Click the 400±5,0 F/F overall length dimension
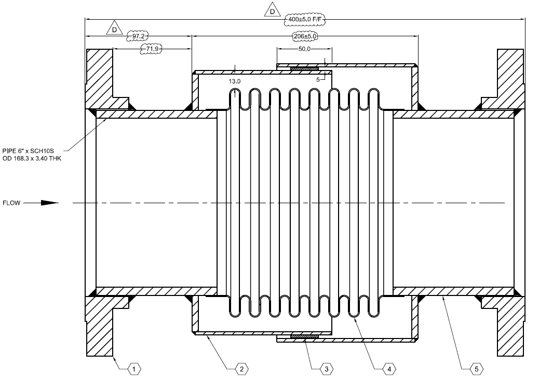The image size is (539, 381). pos(305,19)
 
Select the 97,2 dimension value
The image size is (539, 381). pos(138,36)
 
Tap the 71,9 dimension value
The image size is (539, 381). pos(152,49)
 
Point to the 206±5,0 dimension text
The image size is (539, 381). pos(305,36)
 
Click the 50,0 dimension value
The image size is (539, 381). pos(304,49)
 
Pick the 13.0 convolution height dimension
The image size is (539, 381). pos(235,81)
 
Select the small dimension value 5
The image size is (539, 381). pos(318,79)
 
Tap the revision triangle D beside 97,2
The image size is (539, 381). pos(114,29)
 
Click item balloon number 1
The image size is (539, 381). pos(134,369)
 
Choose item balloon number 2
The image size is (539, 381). pos(241,369)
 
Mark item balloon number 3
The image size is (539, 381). pos(326,369)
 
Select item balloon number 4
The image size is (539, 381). pos(388,369)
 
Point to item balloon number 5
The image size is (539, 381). pos(476,369)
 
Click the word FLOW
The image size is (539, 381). pos(11,203)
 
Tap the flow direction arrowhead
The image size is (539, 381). pos(49,203)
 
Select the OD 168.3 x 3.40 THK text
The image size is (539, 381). pos(32,158)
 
